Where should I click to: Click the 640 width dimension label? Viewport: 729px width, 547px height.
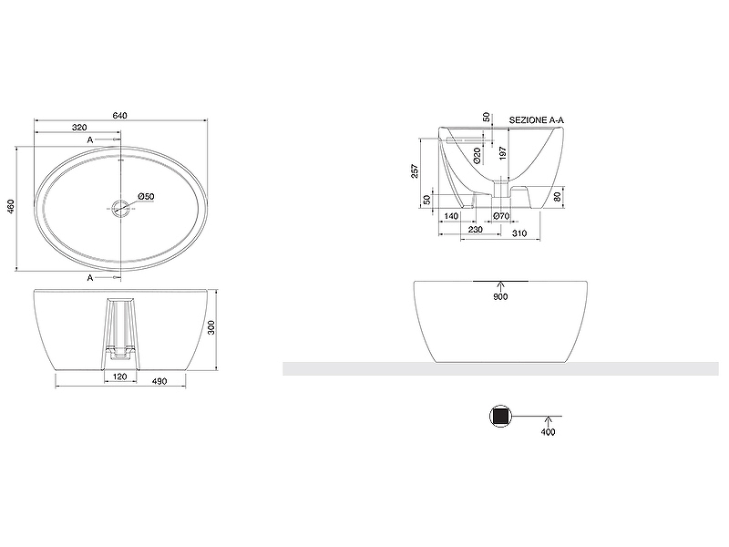click(x=119, y=116)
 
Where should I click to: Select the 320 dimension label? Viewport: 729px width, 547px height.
click(x=79, y=128)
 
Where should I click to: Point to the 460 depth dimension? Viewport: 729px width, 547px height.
click(x=11, y=207)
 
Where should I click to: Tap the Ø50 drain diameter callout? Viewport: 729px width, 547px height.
click(x=147, y=197)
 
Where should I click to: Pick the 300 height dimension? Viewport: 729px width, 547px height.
click(x=211, y=327)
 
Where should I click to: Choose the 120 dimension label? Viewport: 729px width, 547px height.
click(x=120, y=377)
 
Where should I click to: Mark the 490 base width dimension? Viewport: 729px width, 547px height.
click(x=159, y=381)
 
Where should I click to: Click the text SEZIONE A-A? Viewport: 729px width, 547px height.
click(x=537, y=120)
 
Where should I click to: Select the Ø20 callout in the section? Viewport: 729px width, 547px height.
click(x=477, y=155)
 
